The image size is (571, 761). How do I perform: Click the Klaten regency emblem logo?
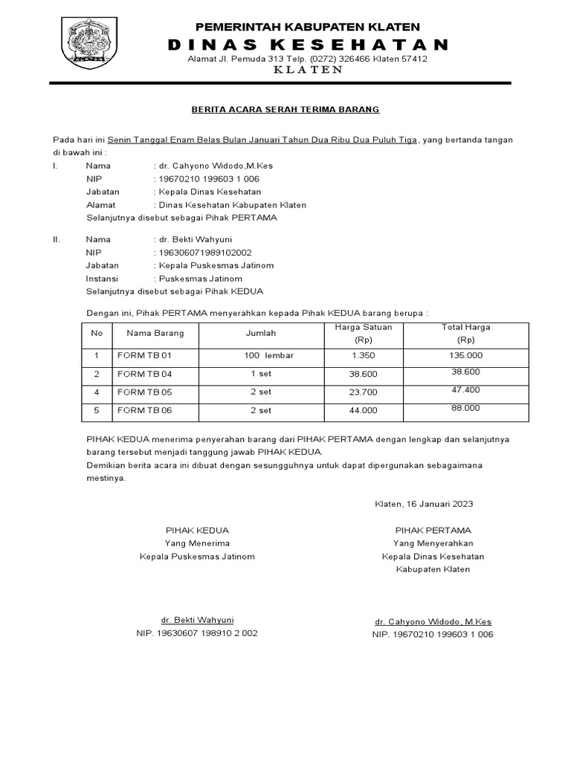[92, 42]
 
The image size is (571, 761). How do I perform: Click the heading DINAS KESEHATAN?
[308, 45]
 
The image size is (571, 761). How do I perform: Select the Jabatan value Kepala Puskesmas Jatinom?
[215, 265]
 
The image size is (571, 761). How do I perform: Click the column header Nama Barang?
[155, 334]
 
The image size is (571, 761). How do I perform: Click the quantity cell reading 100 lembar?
[268, 355]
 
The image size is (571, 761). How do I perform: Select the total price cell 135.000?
[466, 355]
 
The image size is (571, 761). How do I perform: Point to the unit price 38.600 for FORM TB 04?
[364, 374]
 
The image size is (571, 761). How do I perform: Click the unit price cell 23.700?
[364, 392]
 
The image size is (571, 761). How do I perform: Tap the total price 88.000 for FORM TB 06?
[466, 408]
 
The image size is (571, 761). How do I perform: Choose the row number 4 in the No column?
[96, 392]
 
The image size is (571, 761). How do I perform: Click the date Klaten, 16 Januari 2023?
[423, 503]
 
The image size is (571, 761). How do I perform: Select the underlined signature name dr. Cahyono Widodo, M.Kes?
[433, 621]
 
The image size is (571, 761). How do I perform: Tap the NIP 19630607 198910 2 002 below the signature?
[196, 633]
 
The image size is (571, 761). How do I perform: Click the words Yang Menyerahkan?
[433, 543]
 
